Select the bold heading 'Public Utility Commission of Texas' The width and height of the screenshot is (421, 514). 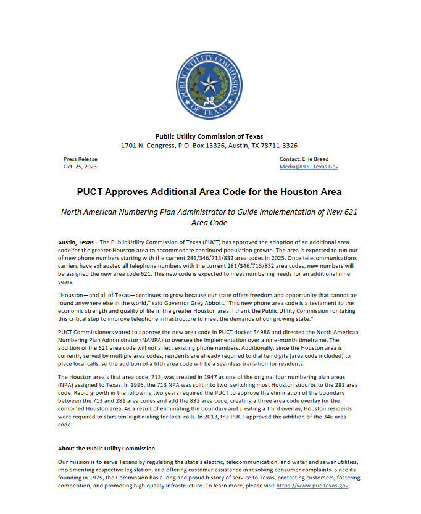click(x=209, y=136)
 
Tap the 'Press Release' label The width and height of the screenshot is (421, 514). click(x=80, y=159)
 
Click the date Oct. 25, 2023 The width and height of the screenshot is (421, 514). click(x=80, y=167)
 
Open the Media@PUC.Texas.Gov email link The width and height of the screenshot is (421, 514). click(x=309, y=167)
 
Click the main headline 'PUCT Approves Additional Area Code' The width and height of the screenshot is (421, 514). click(x=209, y=192)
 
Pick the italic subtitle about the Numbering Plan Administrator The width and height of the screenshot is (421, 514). click(x=209, y=217)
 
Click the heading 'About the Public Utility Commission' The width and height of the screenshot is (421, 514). click(x=106, y=448)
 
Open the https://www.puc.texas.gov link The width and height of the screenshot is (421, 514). click(x=312, y=486)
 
